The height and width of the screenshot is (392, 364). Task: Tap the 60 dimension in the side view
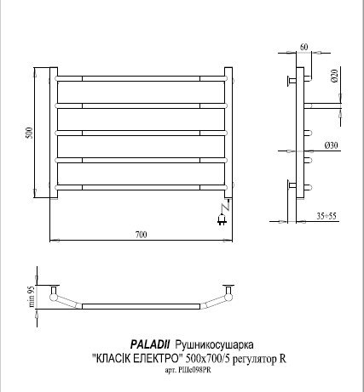303,46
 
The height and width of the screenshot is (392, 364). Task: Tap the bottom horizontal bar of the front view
142,185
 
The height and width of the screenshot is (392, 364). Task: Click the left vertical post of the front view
54,132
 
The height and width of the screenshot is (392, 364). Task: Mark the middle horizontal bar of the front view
142,133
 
